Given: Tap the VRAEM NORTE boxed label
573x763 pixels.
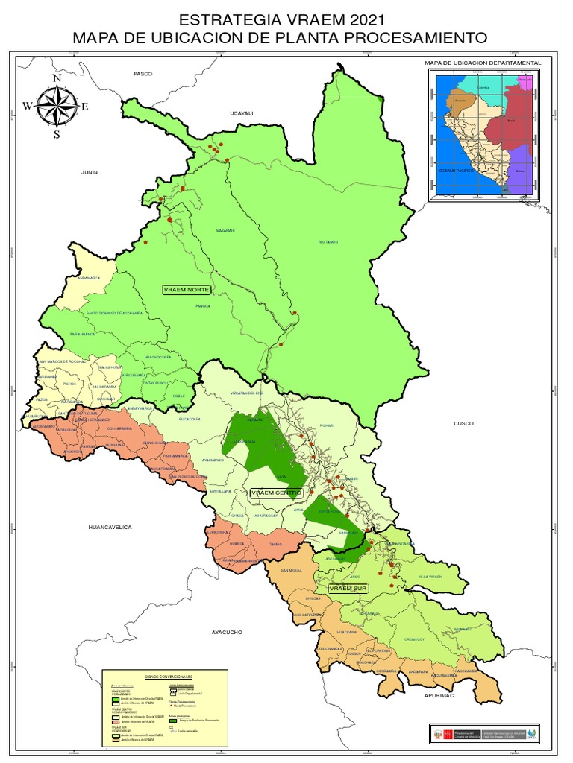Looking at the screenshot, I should coord(187,288).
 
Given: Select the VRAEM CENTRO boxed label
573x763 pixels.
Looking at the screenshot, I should coord(276,493).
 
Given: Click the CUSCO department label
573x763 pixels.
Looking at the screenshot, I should coord(464,423).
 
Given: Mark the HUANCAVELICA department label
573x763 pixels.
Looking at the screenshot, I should coord(110,527).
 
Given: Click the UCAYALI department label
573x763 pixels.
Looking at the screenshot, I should coord(242,113).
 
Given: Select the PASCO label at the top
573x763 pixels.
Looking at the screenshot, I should coord(143,74).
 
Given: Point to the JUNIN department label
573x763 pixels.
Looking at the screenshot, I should coord(90,171).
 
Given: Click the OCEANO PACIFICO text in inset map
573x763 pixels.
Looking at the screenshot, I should coord(456,171).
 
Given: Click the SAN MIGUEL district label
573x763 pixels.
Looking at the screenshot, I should coord(292,571).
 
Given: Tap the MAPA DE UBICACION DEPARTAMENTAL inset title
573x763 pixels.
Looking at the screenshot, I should coord(482,63).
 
